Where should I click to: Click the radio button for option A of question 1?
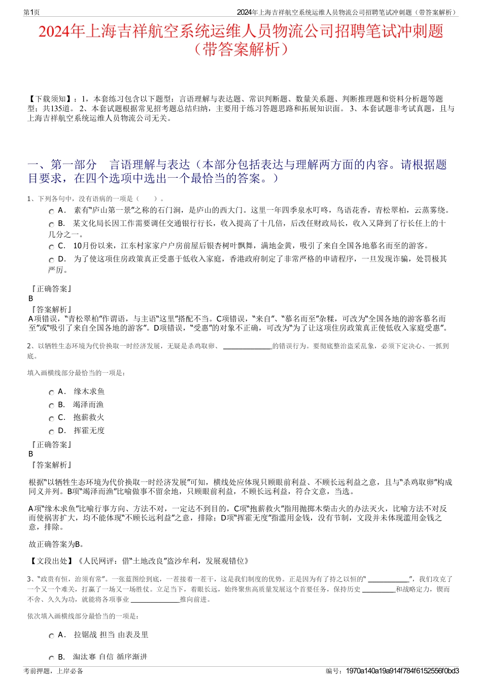(x=51, y=211)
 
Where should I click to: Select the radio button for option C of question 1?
(x=51, y=247)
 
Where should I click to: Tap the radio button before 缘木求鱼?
(x=51, y=393)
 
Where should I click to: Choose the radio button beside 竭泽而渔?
(x=51, y=406)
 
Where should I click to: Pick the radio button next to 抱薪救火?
(x=51, y=419)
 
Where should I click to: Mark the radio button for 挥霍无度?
(x=51, y=432)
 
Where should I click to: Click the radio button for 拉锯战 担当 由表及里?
(x=51, y=636)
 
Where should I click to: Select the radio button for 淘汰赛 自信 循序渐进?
(x=51, y=658)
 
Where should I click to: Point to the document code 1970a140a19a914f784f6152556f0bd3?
(x=402, y=671)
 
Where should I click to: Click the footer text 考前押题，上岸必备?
(x=53, y=671)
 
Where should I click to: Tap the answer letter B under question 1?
(x=31, y=299)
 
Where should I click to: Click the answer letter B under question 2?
(x=31, y=454)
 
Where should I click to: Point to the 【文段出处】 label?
(x=51, y=561)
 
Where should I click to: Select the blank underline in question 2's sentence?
(x=248, y=347)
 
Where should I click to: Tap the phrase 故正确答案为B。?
(x=56, y=544)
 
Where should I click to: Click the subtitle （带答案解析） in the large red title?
(x=240, y=49)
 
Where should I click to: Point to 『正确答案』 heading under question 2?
(x=51, y=445)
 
